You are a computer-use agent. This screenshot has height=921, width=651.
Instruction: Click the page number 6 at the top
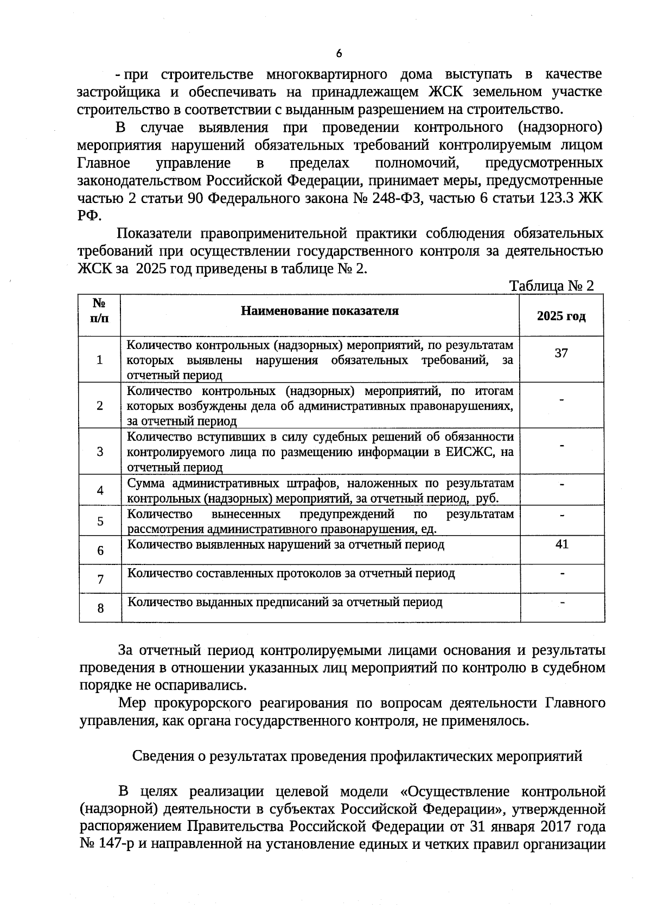coord(339,53)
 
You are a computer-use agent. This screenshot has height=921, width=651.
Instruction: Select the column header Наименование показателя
coord(320,311)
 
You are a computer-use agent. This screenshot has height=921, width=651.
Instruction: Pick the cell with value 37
coord(561,353)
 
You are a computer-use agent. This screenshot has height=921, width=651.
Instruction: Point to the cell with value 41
coord(561,544)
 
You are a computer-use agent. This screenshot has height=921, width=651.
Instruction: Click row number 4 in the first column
coord(100,491)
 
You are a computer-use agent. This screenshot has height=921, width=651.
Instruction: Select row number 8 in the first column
coord(100,608)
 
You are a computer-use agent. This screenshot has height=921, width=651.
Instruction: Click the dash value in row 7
coord(562,573)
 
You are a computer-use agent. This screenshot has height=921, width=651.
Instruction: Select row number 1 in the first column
coord(100,360)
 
